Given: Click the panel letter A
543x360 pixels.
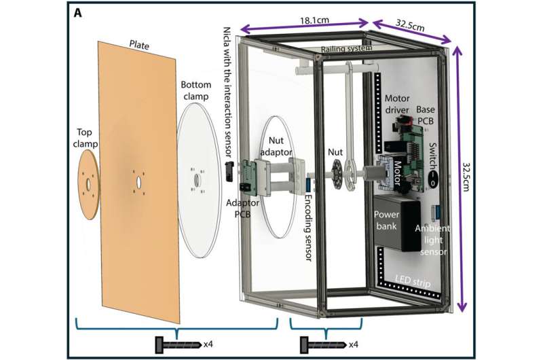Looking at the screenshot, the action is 78,14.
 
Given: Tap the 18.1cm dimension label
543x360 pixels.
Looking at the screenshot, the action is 314,20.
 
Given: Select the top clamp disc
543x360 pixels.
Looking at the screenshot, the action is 88,184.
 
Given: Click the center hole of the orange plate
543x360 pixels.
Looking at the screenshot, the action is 138,181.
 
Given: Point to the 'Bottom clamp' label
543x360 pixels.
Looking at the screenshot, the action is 196,90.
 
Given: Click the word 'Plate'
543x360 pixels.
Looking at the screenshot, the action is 139,45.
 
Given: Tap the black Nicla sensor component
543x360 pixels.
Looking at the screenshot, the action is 229,172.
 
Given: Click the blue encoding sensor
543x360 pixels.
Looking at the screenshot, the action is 308,185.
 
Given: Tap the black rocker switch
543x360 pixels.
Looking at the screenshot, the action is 432,177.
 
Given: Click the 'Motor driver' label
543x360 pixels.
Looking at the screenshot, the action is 397,105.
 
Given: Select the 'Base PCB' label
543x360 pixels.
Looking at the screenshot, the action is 425,115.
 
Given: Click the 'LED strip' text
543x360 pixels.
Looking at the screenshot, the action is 413,281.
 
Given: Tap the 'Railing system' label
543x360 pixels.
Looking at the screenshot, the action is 346,48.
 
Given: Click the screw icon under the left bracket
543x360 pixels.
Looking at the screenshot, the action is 178,345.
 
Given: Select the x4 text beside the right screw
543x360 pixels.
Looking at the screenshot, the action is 353,345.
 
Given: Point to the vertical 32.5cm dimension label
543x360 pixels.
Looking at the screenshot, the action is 467,177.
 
